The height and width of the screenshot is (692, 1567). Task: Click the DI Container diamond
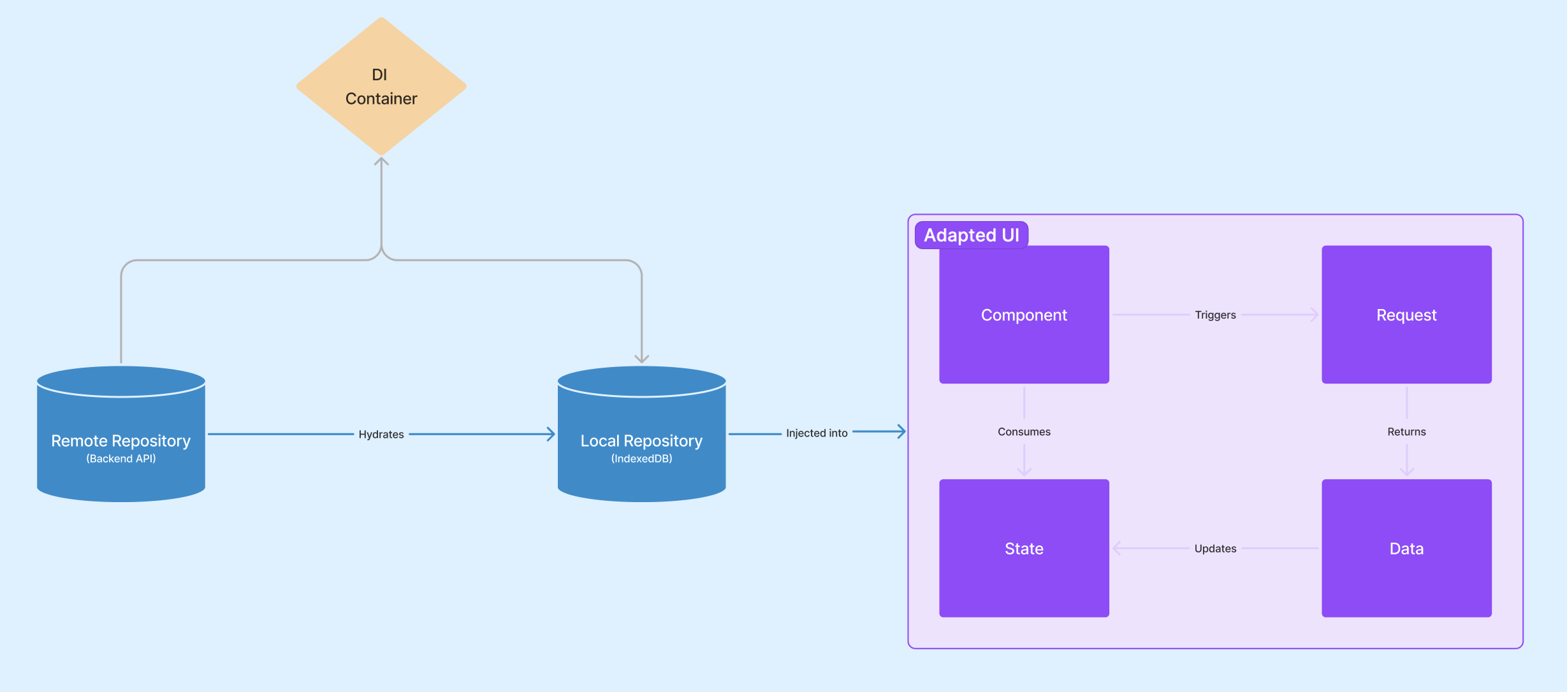tap(381, 86)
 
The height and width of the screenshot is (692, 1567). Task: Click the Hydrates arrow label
tap(381, 434)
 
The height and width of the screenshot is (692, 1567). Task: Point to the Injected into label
tap(817, 433)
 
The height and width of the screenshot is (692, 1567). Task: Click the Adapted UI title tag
tap(971, 235)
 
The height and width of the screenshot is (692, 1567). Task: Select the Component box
tap(1024, 314)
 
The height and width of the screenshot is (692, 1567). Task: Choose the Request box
tap(1406, 314)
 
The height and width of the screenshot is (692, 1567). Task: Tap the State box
tap(1024, 548)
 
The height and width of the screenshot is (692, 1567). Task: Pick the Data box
tap(1406, 548)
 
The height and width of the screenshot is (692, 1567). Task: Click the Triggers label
tap(1215, 315)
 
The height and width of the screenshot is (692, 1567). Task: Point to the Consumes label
tap(1024, 431)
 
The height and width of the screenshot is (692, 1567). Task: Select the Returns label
tap(1406, 431)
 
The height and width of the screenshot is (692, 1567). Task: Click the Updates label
tap(1215, 549)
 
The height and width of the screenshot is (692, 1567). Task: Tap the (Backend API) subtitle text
tap(121, 458)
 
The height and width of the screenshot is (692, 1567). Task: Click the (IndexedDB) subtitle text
tap(641, 458)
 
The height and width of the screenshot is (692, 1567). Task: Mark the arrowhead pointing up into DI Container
tap(381, 161)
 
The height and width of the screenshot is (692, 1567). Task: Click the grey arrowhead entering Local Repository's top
tap(641, 359)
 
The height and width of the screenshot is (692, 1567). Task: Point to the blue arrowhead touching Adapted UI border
tap(901, 431)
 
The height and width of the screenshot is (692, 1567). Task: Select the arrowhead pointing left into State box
tap(1117, 548)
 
